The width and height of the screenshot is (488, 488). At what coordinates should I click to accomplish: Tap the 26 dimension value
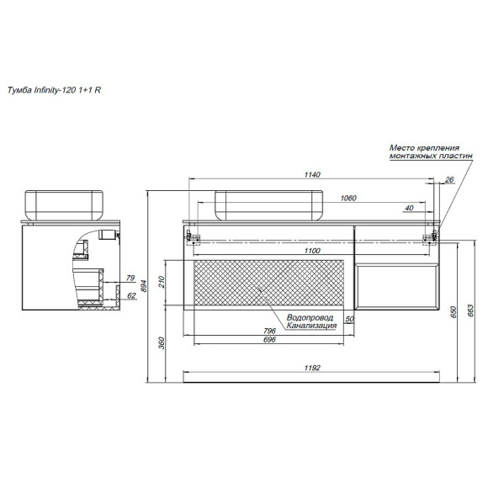[448, 179]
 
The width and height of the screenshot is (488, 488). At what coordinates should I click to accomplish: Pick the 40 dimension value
[408, 207]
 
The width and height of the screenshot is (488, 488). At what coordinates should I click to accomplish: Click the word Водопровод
[310, 318]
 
